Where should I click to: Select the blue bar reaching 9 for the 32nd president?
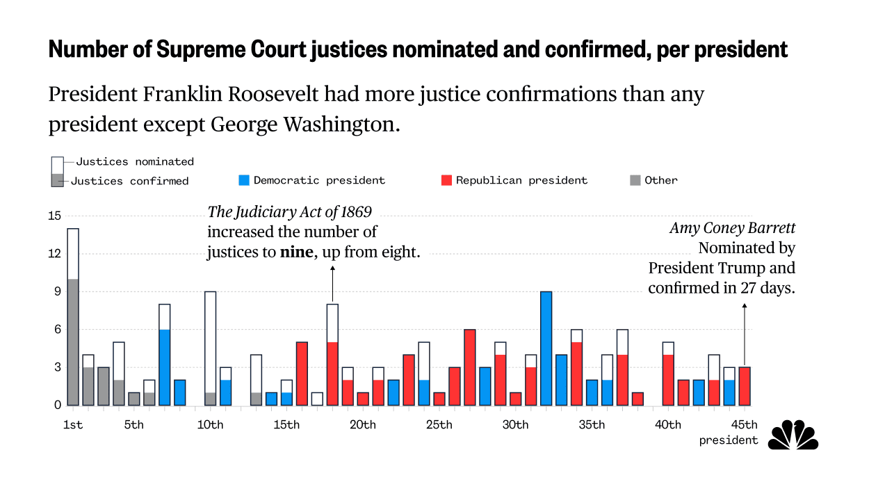pos(546,348)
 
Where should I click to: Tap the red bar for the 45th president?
pos(745,386)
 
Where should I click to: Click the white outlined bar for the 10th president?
pos(210,342)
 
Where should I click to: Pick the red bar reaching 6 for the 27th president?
pos(470,367)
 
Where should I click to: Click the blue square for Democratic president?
pos(244,181)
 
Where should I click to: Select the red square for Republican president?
pos(447,181)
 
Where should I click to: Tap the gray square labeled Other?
pos(635,181)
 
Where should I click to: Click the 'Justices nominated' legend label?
pos(135,161)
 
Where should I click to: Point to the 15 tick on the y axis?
pos(54,216)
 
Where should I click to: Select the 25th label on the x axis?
pos(439,425)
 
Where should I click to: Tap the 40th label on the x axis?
pos(668,425)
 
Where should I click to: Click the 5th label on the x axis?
pos(134,425)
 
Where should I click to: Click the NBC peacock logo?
pos(793,435)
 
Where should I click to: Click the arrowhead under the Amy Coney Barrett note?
pos(745,306)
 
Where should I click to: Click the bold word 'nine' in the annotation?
pos(296,252)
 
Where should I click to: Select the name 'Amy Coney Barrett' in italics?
pos(733,228)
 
